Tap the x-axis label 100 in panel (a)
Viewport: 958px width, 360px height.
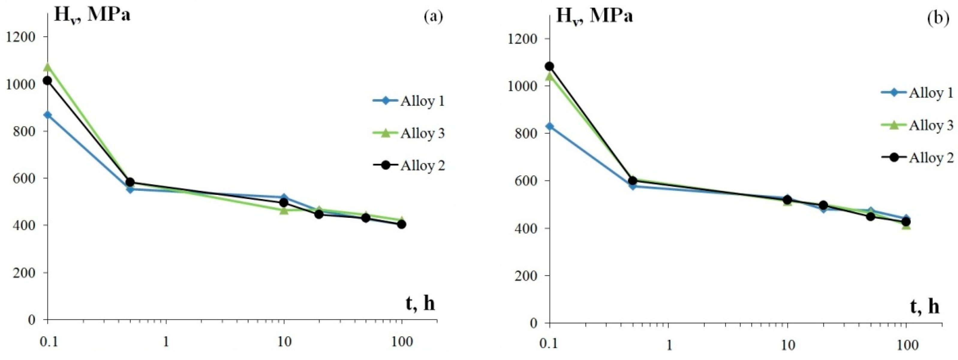click(x=401, y=342)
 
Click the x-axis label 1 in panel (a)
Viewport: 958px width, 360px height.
click(x=166, y=342)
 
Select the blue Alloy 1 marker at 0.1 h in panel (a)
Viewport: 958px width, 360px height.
click(x=48, y=115)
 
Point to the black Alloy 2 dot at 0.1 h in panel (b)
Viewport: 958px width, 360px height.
click(x=550, y=67)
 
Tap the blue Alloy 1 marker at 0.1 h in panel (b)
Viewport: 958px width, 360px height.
click(x=550, y=126)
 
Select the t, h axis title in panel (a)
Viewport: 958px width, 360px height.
click(x=419, y=304)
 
